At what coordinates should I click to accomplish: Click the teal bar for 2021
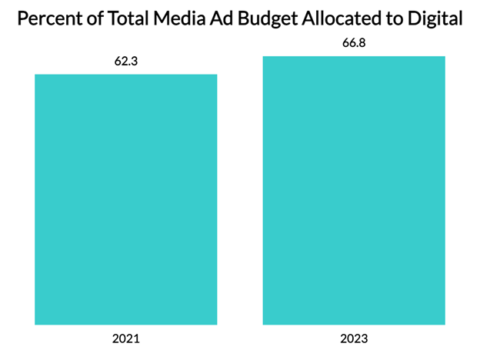pyautogui.click(x=126, y=200)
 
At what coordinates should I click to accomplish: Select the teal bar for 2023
pyautogui.click(x=354, y=190)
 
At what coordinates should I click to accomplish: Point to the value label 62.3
pyautogui.click(x=126, y=62)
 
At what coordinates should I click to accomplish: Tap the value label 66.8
pyautogui.click(x=354, y=43)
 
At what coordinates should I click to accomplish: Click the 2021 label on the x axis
pyautogui.click(x=126, y=338)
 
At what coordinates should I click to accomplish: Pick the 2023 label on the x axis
pyautogui.click(x=354, y=338)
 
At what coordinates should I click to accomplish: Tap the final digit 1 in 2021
pyautogui.click(x=138, y=338)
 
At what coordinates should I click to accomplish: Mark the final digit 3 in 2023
pyautogui.click(x=365, y=338)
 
